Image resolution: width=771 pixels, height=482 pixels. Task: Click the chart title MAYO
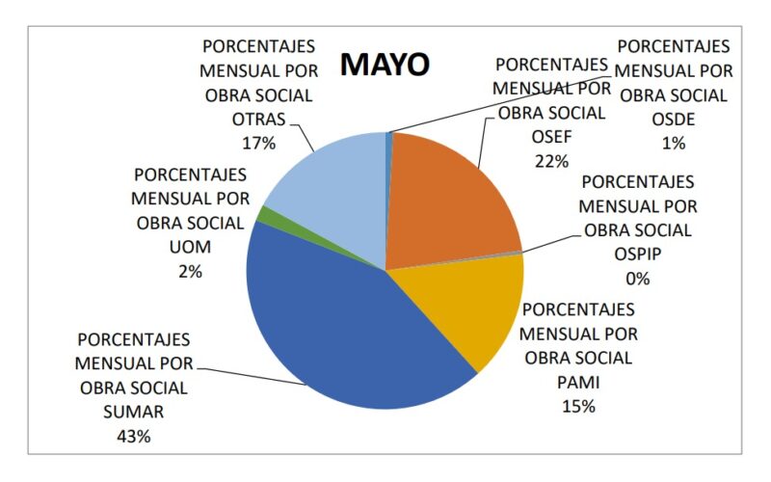pyautogui.click(x=385, y=65)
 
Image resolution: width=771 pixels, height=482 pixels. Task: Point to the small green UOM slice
pyautogui.click(x=262, y=215)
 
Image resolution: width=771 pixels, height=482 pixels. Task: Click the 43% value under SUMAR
pyautogui.click(x=134, y=436)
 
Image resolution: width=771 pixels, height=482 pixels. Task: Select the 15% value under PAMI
pyautogui.click(x=578, y=406)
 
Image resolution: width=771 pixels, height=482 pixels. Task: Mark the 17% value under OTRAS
pyautogui.click(x=258, y=143)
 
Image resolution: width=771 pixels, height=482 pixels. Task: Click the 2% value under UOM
pyautogui.click(x=190, y=272)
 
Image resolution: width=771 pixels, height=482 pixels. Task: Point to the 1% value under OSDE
pyautogui.click(x=674, y=143)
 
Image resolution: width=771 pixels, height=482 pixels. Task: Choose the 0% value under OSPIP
pyautogui.click(x=638, y=279)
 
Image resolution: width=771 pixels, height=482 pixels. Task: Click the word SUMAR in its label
pyautogui.click(x=134, y=412)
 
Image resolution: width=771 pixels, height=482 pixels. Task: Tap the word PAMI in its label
pyautogui.click(x=578, y=382)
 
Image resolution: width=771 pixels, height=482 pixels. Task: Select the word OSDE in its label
pyautogui.click(x=674, y=119)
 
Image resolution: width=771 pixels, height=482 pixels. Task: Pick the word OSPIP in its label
pyautogui.click(x=638, y=254)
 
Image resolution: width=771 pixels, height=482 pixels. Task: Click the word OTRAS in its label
pyautogui.click(x=258, y=119)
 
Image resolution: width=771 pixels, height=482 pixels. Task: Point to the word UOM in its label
pyautogui.click(x=190, y=248)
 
